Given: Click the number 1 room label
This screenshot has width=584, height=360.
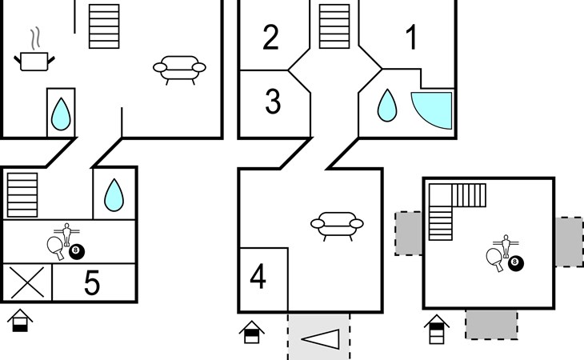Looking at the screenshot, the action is (x=411, y=37).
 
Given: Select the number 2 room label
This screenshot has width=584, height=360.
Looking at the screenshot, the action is (x=270, y=37).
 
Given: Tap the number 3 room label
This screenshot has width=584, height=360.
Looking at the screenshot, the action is (x=273, y=102).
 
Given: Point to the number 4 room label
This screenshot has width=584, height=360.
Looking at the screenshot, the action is (x=258, y=276).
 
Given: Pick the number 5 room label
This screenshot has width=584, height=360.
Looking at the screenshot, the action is (x=92, y=282).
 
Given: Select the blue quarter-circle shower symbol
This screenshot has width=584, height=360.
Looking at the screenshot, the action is (x=432, y=110).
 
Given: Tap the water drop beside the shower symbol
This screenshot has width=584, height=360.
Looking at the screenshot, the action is (x=387, y=106).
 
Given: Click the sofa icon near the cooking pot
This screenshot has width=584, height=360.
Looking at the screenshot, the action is (x=179, y=70).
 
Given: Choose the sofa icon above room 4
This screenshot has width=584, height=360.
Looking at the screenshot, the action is (x=337, y=226).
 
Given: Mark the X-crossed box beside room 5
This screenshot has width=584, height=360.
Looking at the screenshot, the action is (x=27, y=282).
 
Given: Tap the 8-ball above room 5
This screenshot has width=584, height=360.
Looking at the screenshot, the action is (x=77, y=252).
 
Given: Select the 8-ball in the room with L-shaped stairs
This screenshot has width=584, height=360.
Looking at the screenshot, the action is (x=516, y=263).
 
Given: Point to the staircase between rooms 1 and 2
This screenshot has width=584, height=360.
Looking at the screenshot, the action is (x=334, y=26).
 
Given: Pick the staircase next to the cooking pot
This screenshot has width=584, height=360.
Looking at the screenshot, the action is (x=104, y=26).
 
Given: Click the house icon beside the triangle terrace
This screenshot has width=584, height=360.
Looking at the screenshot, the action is (x=252, y=332).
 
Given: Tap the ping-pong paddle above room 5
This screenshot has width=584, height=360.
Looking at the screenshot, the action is (x=55, y=247).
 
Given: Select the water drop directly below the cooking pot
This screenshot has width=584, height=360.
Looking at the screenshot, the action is (x=61, y=114).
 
